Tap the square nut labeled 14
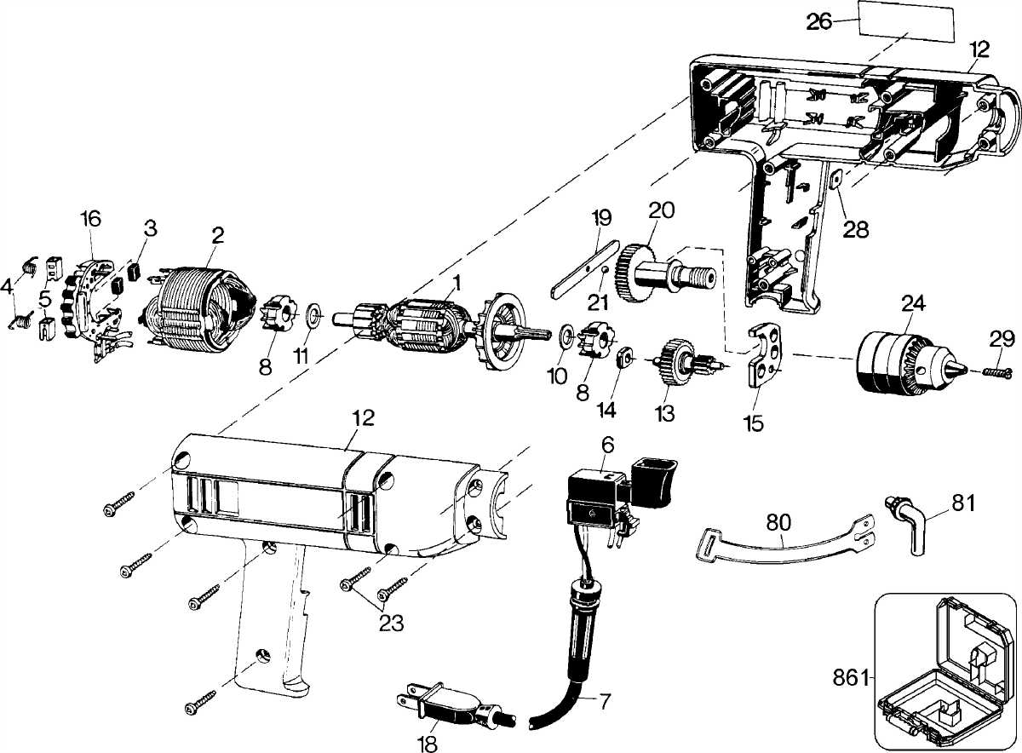[x=624, y=354]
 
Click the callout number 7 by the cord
[x=604, y=702]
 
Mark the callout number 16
[x=91, y=218]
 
